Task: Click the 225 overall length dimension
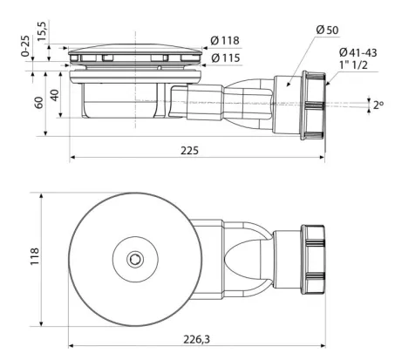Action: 189,151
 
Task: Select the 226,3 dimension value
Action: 196,339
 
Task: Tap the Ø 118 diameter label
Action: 225,41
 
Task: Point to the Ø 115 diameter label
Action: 226,58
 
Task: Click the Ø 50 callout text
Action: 327,30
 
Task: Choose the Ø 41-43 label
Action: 358,52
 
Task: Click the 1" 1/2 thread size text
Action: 353,65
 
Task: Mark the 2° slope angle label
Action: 378,105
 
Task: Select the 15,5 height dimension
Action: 42,31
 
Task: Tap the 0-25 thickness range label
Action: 25,46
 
